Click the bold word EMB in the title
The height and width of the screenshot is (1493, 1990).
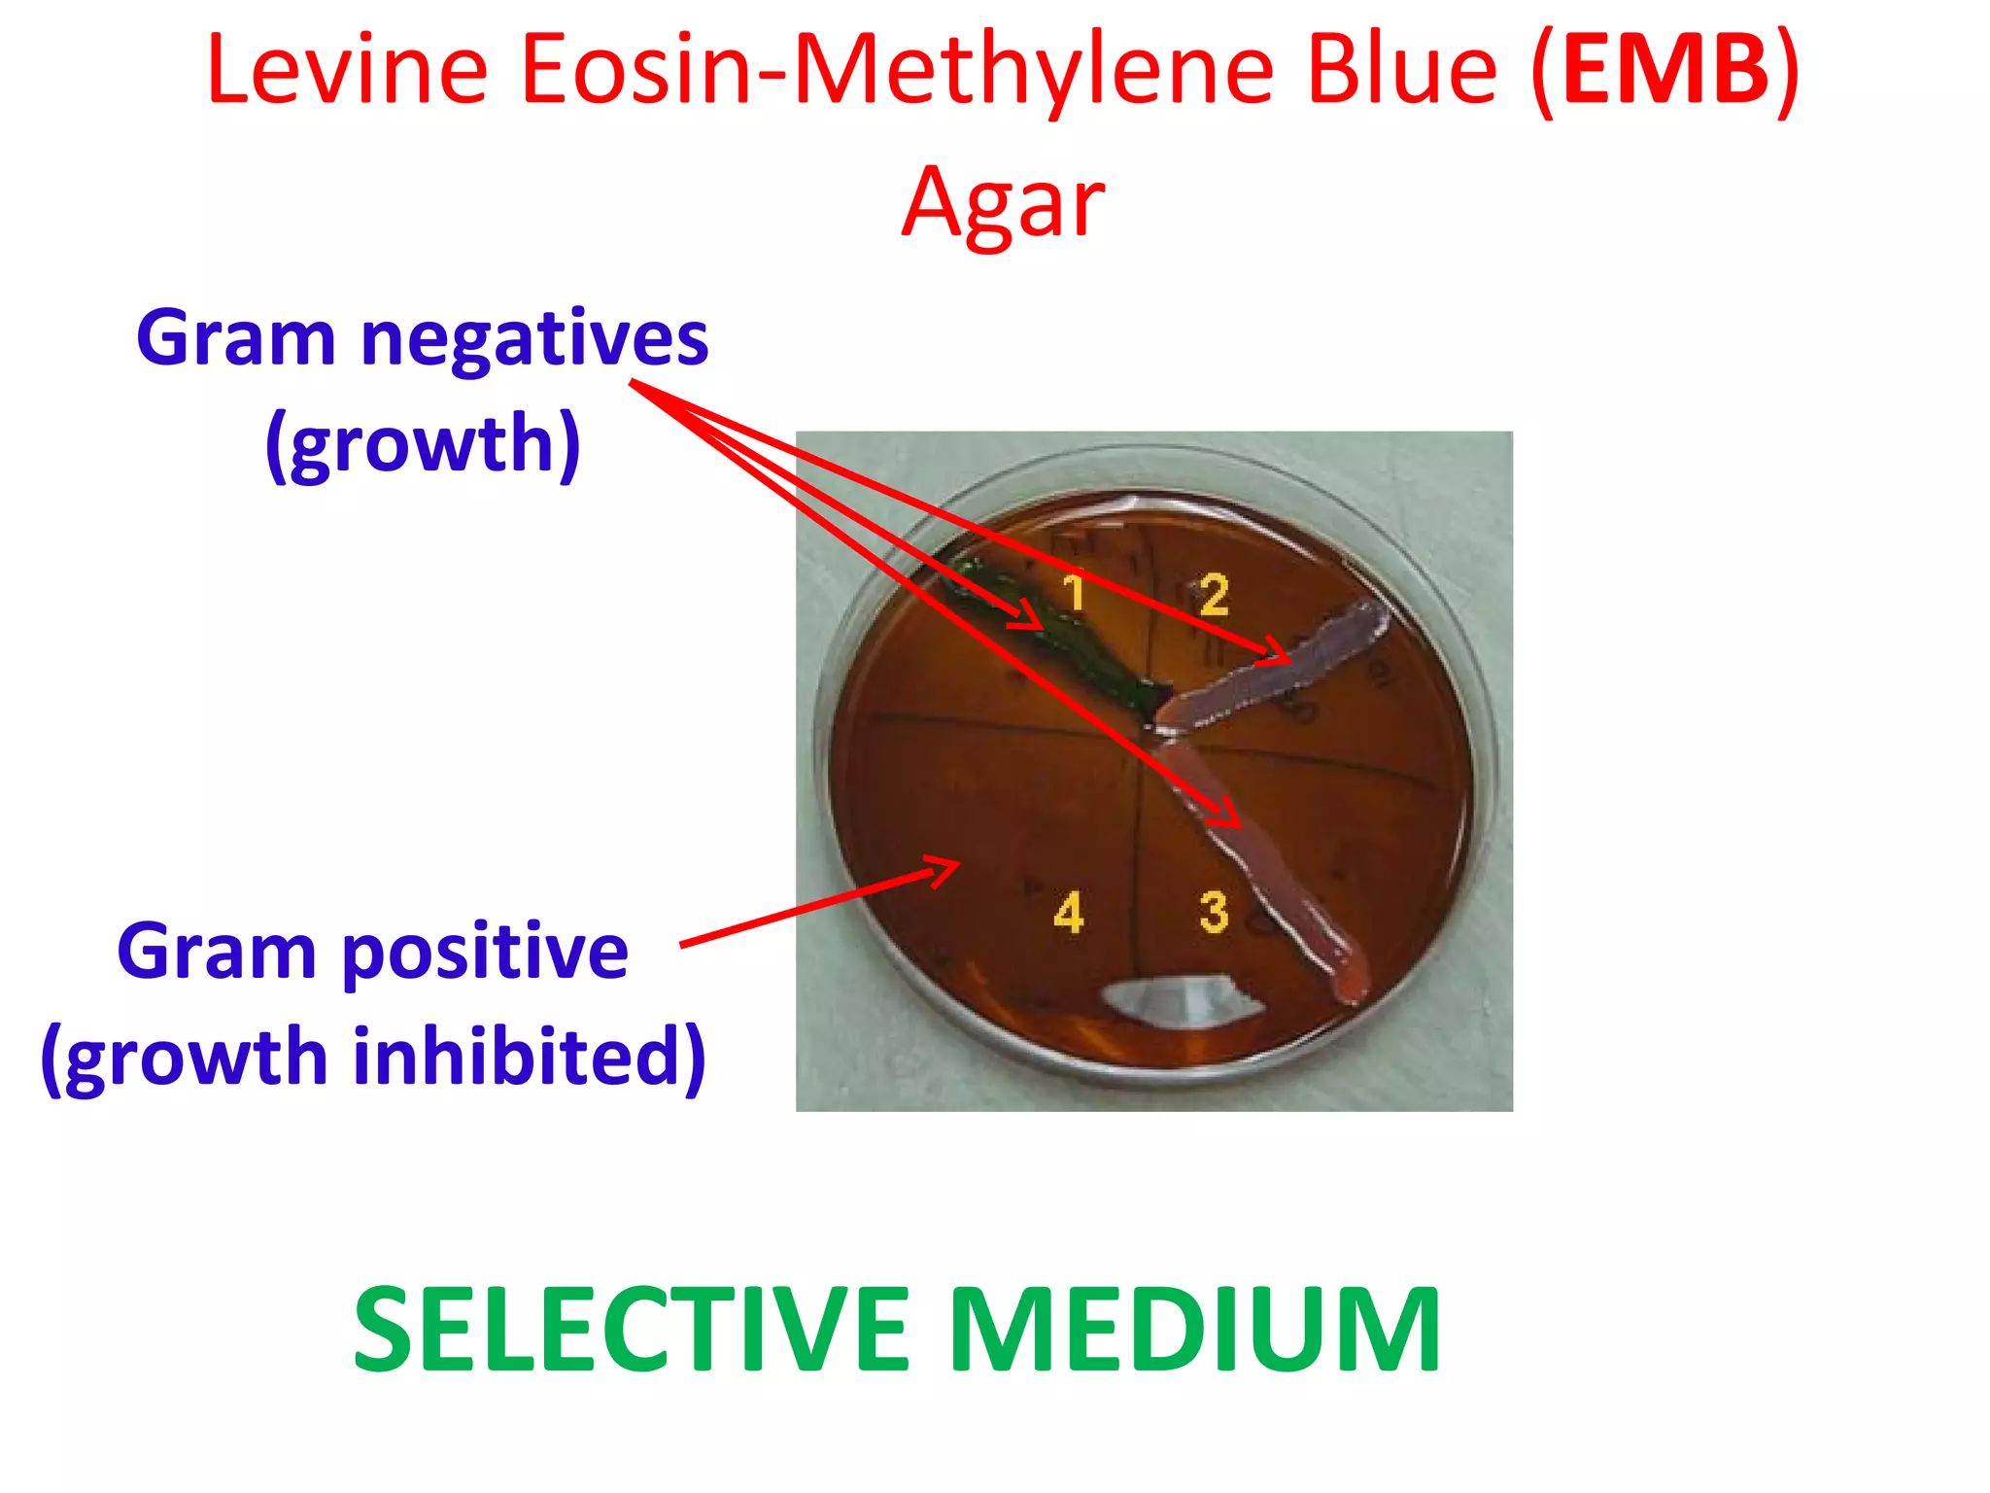coord(1664,70)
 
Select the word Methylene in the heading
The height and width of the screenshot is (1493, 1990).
coord(1035,70)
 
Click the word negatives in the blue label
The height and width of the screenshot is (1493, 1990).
coord(533,339)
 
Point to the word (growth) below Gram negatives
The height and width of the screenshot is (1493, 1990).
coord(423,444)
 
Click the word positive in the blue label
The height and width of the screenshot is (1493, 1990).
coord(485,952)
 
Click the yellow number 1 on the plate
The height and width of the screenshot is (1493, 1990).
coord(1073,592)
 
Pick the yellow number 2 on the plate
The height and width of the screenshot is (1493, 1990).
coord(1214,595)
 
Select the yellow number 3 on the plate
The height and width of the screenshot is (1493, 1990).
coord(1214,912)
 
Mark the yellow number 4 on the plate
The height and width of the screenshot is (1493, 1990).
coord(1069,913)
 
